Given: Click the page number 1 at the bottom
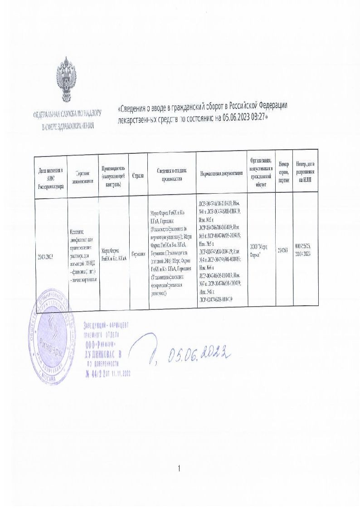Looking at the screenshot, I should click(x=180, y=468).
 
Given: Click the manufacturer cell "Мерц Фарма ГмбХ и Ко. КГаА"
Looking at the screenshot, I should click(x=113, y=252).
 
